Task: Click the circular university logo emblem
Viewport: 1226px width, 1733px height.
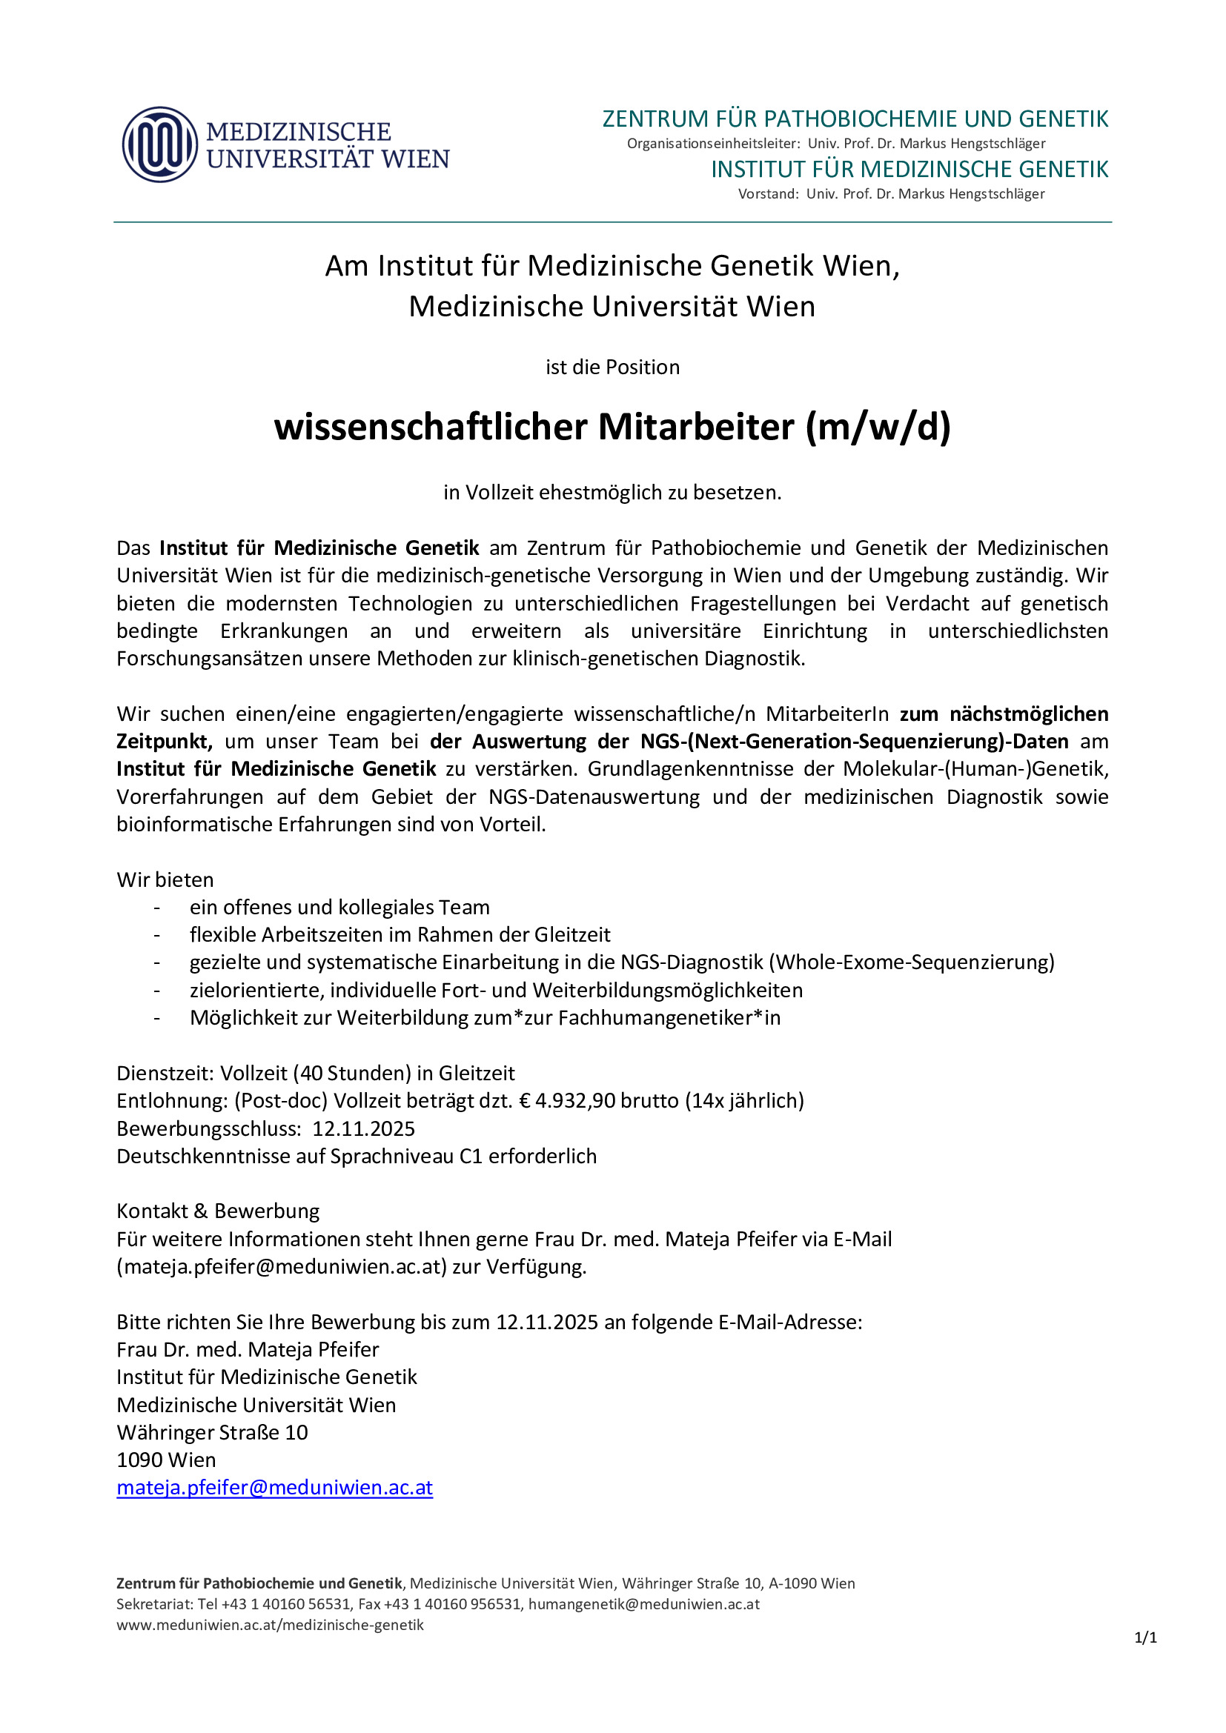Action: click(x=160, y=144)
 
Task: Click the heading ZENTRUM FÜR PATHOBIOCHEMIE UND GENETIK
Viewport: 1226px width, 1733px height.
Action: click(x=855, y=119)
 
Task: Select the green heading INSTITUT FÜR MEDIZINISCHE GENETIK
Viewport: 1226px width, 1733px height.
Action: click(x=909, y=170)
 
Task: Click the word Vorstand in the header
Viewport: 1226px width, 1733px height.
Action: click(x=767, y=194)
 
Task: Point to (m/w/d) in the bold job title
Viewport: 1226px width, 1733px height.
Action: click(x=878, y=428)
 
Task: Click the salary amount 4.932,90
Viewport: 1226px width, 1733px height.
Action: click(x=575, y=1101)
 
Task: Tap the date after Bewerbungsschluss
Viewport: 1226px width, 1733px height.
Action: click(x=363, y=1129)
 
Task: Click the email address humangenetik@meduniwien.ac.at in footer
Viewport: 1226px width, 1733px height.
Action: click(x=643, y=1604)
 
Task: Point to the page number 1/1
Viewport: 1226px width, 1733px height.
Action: click(x=1145, y=1638)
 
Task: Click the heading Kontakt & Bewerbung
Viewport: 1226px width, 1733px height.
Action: click(x=217, y=1211)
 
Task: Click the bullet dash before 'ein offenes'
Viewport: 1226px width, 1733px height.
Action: click(x=157, y=908)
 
